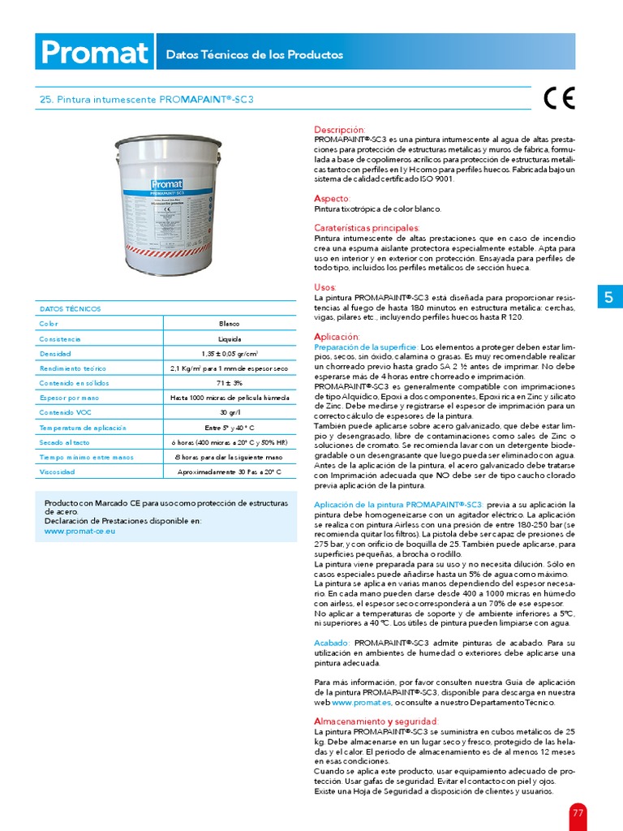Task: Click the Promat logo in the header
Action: click(94, 54)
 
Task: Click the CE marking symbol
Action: click(559, 98)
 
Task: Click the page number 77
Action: click(578, 812)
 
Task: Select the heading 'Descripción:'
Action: click(339, 130)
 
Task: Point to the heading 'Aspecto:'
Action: click(332, 198)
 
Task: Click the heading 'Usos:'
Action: click(324, 287)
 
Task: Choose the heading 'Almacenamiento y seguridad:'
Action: click(376, 721)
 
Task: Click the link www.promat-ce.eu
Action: click(79, 531)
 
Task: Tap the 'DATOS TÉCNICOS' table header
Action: click(70, 308)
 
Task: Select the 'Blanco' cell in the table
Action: click(229, 324)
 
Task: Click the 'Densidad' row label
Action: click(56, 354)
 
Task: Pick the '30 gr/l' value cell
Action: click(229, 412)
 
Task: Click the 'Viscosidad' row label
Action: click(59, 471)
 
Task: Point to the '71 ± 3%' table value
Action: click(229, 383)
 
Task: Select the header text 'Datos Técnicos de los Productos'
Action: click(255, 55)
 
